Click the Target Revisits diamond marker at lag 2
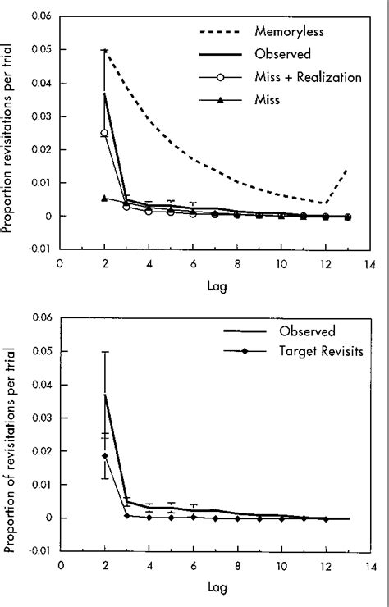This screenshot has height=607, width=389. coord(104,456)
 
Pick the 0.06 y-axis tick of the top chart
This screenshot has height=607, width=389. coord(39,16)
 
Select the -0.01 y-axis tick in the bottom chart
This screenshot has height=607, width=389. coord(39,550)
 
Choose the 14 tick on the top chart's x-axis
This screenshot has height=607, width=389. coord(369,264)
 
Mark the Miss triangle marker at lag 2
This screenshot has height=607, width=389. coord(104,198)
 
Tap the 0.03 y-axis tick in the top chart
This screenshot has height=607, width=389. coord(39,116)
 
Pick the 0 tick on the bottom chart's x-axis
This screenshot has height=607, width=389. coord(60,566)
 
